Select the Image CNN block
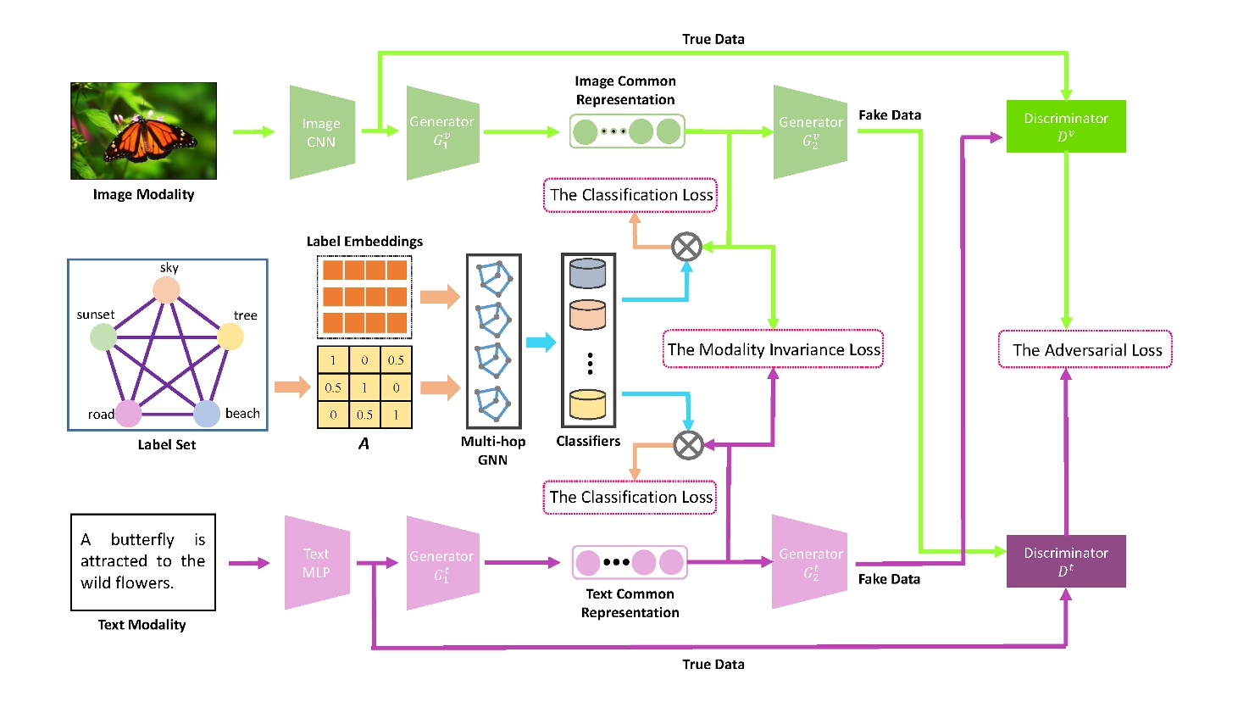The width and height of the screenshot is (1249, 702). coord(321,132)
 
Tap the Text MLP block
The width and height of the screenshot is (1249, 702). coord(316,562)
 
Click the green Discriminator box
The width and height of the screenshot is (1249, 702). coord(1065,126)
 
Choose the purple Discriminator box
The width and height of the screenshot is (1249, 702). coord(1065,561)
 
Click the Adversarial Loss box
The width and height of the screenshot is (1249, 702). coord(1085,349)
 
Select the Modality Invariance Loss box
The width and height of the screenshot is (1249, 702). coord(773,349)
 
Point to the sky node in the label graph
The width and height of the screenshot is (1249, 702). coord(166,290)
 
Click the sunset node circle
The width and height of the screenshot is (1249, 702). coord(103,337)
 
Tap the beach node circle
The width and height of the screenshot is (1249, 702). coord(207,414)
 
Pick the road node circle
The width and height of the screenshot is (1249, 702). coord(128,414)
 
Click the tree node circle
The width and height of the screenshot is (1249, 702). coord(230,337)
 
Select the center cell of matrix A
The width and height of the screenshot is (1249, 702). coord(364,387)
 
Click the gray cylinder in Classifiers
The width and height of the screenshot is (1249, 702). coord(588,274)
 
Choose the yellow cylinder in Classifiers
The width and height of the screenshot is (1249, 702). coord(588,404)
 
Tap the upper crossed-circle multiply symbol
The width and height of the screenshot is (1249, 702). coord(686,247)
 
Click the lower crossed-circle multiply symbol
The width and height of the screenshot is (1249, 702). coord(688,445)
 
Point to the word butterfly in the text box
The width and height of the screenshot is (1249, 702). coord(142,540)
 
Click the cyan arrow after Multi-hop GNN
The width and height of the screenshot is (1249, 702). coord(541,343)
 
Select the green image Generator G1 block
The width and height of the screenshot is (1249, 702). coord(442,132)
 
